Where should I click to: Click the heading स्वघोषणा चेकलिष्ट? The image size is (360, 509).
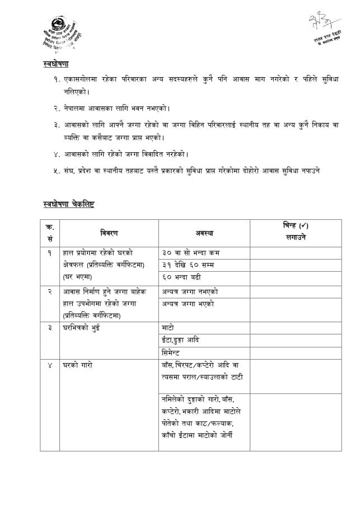[68, 204]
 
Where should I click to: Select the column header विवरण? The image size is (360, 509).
[109, 233]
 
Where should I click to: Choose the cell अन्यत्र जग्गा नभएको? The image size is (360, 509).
[190, 292]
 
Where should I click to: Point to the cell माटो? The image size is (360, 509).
[168, 327]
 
